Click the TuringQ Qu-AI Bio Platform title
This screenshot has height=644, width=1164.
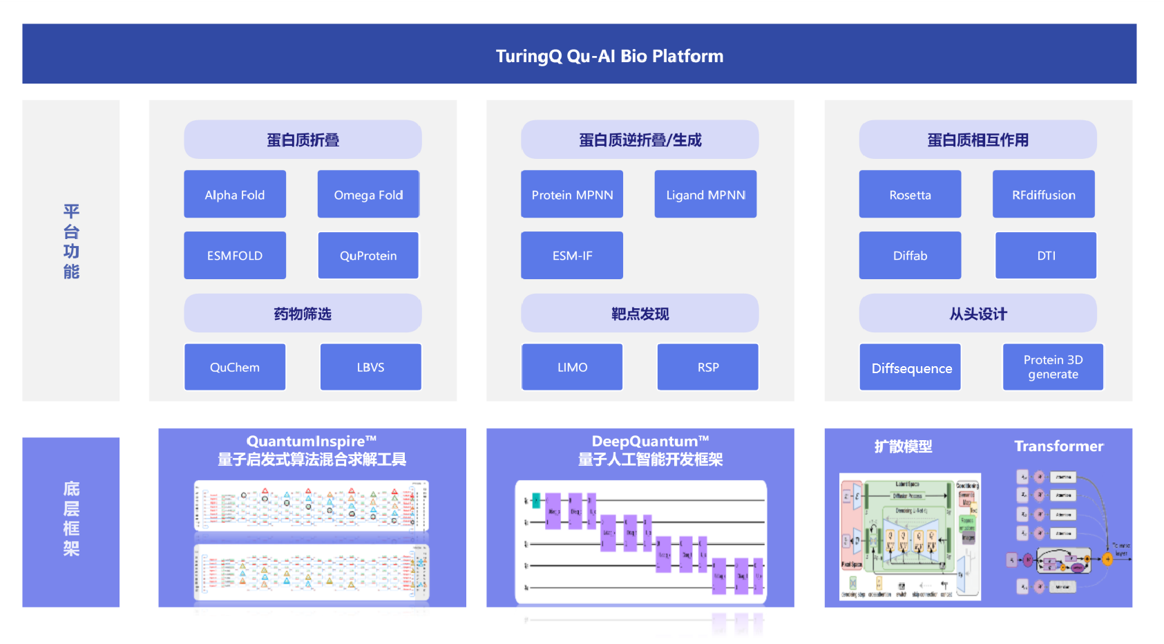tap(609, 56)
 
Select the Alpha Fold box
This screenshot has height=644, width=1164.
tap(235, 195)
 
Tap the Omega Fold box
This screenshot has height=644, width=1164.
tap(368, 195)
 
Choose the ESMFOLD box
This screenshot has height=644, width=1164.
tap(235, 256)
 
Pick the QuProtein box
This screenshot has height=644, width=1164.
tap(368, 256)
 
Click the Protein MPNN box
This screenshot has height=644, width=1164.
tap(572, 195)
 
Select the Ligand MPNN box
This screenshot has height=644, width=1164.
tap(705, 195)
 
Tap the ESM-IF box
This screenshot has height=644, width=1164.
tap(572, 256)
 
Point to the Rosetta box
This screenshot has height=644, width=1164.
tap(910, 195)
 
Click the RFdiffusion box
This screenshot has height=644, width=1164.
tap(1043, 195)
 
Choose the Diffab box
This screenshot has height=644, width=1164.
tap(910, 256)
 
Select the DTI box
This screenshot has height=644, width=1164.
tap(1046, 256)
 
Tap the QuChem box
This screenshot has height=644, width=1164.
tap(235, 368)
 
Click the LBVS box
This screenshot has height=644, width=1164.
tap(370, 368)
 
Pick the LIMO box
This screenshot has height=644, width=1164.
tap(572, 368)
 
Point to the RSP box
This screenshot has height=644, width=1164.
tap(708, 368)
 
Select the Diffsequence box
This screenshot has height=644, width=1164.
tap(911, 368)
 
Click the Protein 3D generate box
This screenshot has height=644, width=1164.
tap(1053, 368)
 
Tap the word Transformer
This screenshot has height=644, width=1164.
tap(1058, 446)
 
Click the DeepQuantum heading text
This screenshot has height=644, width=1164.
tap(650, 442)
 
